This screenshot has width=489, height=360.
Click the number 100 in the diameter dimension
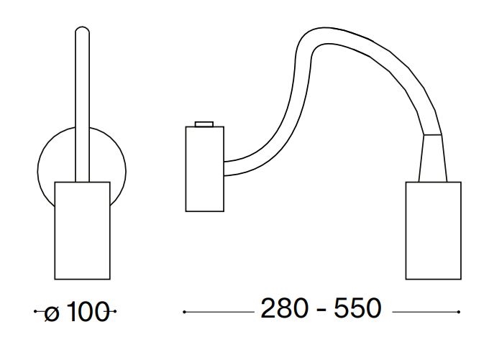coord(88,312)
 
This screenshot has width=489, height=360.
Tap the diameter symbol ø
coord(52,313)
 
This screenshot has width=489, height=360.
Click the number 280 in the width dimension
coord(285,308)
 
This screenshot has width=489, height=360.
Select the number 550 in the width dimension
coord(357,308)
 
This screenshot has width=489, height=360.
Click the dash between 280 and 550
coord(321,310)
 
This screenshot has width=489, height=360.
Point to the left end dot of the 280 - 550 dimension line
coord(184,312)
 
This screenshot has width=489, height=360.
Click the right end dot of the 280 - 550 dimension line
coord(459,312)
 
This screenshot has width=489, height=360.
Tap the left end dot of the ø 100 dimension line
coord(35,311)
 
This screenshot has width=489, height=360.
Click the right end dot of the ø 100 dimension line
coord(115,311)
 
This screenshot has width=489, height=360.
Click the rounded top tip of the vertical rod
coord(82,27)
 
